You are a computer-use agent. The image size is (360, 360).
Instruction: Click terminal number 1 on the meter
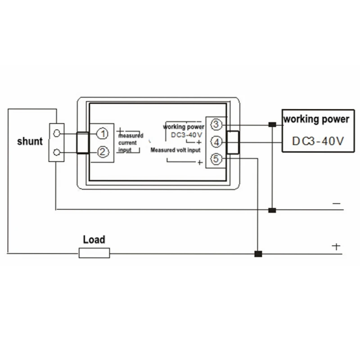tap(103, 134)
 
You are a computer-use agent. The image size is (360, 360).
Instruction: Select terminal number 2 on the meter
tap(103, 152)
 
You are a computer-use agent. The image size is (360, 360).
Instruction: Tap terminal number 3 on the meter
tap(216, 125)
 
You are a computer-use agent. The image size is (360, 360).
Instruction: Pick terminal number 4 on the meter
tap(216, 142)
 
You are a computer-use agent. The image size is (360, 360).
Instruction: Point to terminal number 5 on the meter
tap(216, 159)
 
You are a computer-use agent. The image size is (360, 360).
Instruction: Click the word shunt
tap(30, 141)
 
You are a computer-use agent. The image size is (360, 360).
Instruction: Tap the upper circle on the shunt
tap(57, 133)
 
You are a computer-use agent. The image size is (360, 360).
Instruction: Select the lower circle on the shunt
tap(57, 152)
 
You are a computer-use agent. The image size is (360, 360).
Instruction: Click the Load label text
tap(94, 239)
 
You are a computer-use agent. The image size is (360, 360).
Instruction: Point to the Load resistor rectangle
tap(94, 253)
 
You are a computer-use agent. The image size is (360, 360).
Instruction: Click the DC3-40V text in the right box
tap(318, 141)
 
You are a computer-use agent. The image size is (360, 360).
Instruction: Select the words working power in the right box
tap(316, 119)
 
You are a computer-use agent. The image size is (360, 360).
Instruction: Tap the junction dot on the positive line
tap(258, 254)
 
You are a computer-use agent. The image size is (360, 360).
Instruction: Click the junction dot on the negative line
tap(272, 210)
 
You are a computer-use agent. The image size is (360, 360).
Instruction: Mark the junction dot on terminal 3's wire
tap(272, 125)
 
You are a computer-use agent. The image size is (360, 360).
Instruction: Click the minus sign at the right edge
tap(336, 203)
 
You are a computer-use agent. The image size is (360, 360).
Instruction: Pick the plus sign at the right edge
tap(336, 247)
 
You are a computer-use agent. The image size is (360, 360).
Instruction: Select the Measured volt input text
tap(175, 150)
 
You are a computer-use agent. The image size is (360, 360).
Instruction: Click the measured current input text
tap(130, 143)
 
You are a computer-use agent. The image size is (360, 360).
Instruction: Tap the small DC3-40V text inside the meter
tap(187, 135)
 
